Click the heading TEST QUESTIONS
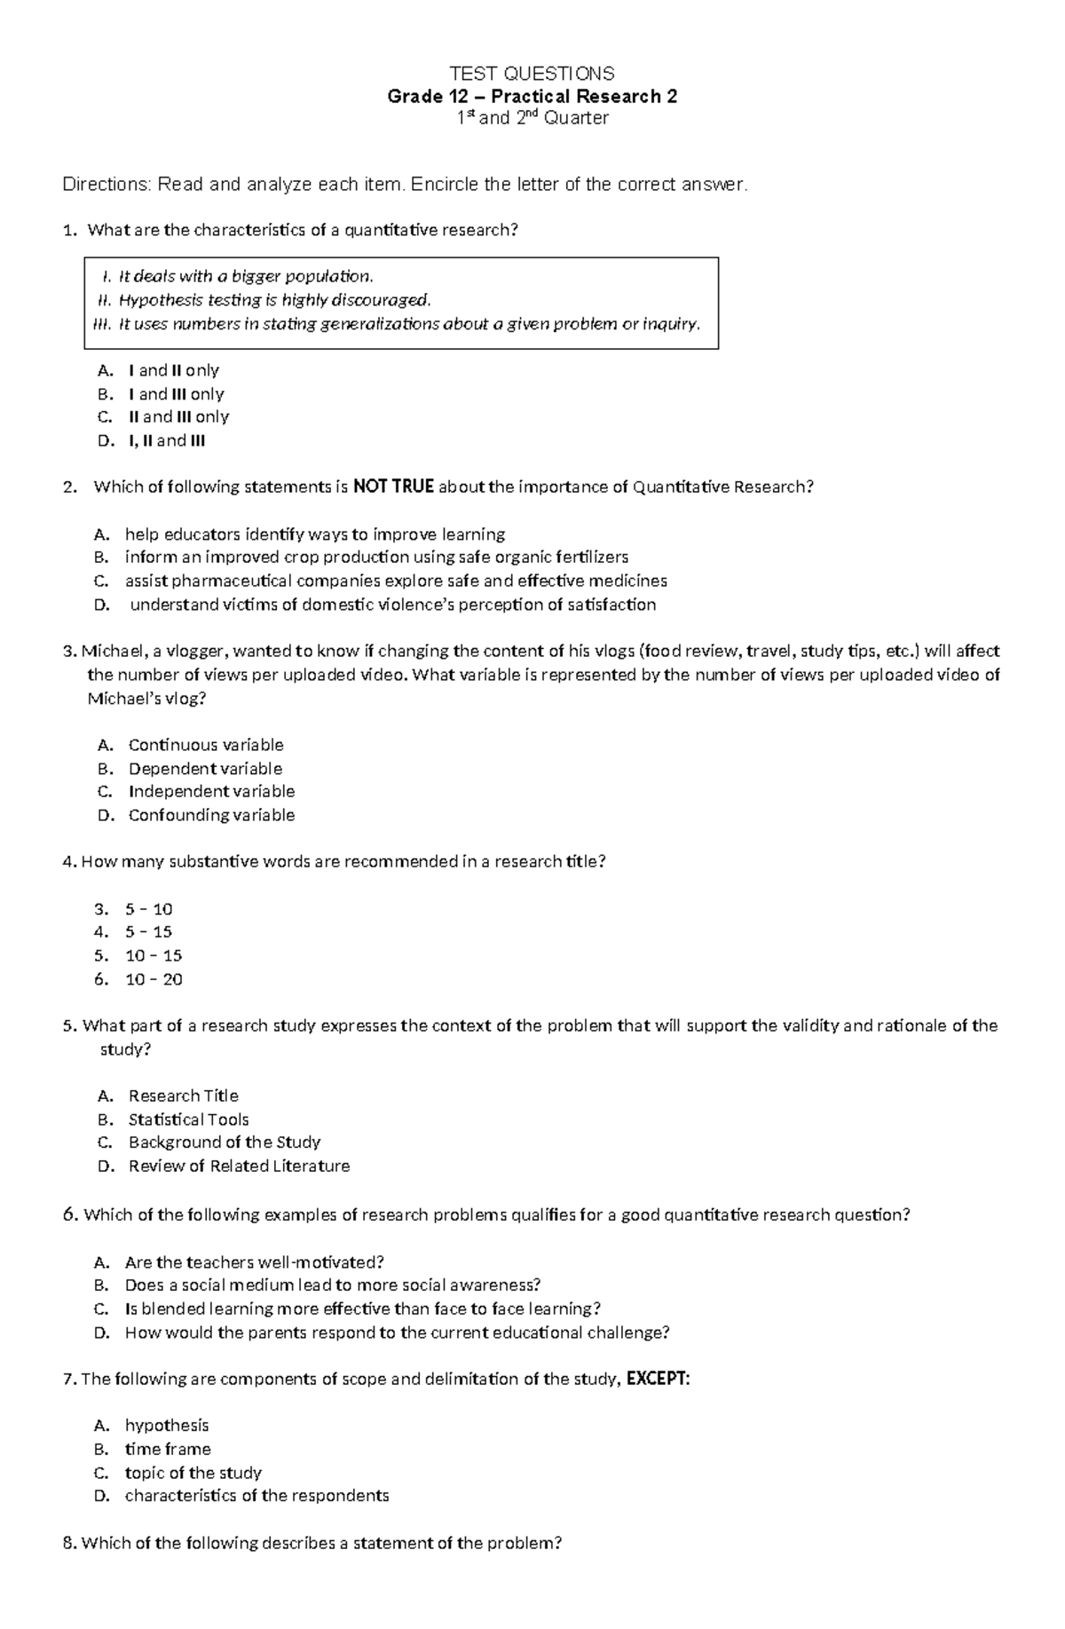click(x=532, y=73)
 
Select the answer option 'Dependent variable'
click(x=205, y=768)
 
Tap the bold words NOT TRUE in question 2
click(x=393, y=486)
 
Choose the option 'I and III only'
click(x=176, y=394)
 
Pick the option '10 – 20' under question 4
click(x=154, y=979)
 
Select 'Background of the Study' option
click(x=224, y=1143)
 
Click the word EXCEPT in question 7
click(x=658, y=1379)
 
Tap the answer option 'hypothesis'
click(x=167, y=1426)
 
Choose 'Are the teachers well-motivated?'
click(x=254, y=1262)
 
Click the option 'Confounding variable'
click(x=211, y=815)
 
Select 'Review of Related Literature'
click(x=239, y=1166)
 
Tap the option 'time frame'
click(x=168, y=1449)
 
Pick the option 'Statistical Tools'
click(x=188, y=1119)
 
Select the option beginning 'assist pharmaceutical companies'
click(x=396, y=581)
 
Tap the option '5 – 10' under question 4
click(x=149, y=909)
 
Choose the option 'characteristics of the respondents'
click(x=256, y=1496)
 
